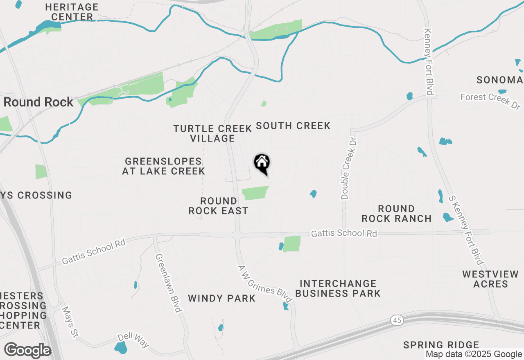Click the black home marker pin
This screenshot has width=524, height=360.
(262, 164)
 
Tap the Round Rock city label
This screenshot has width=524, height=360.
(38, 102)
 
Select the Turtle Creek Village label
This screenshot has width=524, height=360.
(212, 133)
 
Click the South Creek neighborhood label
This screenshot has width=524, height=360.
(293, 126)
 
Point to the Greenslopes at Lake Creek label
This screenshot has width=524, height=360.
(163, 166)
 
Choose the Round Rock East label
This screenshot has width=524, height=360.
(218, 206)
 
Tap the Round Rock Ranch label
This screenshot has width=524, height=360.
(396, 214)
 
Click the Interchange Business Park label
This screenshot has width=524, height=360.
(338, 288)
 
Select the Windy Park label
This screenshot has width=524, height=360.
(222, 298)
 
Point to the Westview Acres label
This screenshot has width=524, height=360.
(490, 279)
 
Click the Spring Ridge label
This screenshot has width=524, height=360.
(441, 345)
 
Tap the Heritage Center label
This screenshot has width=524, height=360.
(72, 12)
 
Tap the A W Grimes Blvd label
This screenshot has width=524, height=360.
(264, 285)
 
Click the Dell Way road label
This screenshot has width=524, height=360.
(133, 340)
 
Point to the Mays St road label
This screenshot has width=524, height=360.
(70, 322)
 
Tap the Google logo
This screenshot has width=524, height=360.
(27, 351)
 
